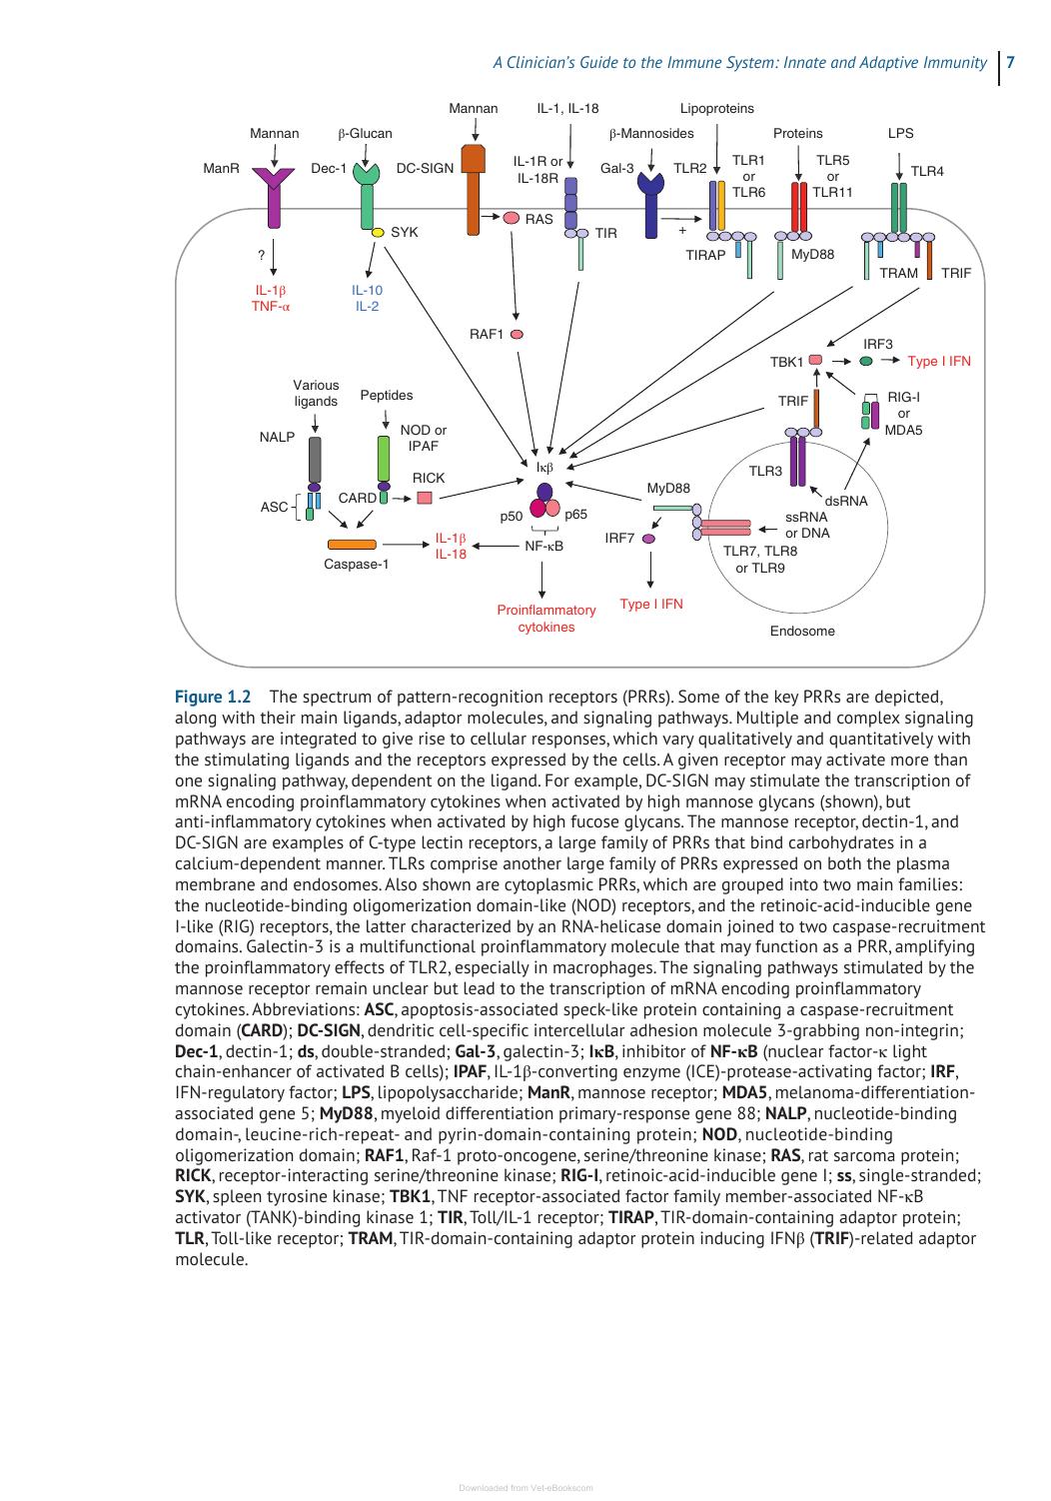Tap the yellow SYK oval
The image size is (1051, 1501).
pos(378,233)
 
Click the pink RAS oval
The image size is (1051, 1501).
pos(512,218)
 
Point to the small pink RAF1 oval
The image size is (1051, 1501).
pos(517,335)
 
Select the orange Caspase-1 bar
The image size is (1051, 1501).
pos(352,545)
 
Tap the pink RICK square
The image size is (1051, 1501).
pos(424,498)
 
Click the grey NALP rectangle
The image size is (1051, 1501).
pos(314,460)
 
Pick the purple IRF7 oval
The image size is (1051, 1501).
pos(648,539)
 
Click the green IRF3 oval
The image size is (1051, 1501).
pos(865,361)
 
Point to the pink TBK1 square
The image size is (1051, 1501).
pos(815,360)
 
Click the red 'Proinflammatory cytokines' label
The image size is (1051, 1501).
pos(545,619)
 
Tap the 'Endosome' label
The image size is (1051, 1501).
pos(802,632)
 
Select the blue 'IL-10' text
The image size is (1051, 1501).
pos(367,290)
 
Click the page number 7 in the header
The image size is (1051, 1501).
pos(1010,62)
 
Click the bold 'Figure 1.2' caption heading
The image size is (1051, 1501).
pos(213,697)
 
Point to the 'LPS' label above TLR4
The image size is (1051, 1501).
pos(900,133)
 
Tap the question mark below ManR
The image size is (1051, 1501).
pos(261,255)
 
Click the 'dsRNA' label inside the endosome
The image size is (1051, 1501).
pos(846,502)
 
